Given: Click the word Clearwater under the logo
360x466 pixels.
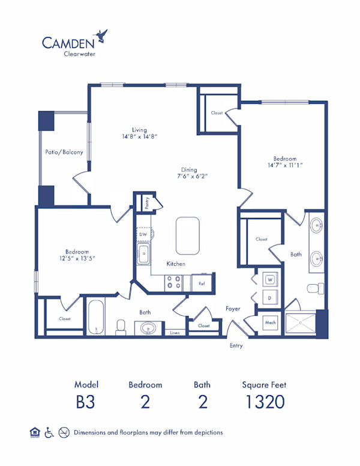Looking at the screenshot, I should click(78, 53).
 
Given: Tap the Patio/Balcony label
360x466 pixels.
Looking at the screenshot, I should click(64, 152).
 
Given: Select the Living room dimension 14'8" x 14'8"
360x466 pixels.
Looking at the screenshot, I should click(139, 136).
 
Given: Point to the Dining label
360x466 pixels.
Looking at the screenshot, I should click(192, 169).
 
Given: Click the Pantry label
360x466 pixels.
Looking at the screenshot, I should click(146, 202).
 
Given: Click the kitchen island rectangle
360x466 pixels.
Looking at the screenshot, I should click(187, 236).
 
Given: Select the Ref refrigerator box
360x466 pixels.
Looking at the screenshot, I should click(202, 283).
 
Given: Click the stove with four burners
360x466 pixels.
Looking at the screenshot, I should click(175, 282).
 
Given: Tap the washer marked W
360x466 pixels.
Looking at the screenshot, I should click(270, 280).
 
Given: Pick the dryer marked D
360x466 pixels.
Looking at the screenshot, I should click(270, 296).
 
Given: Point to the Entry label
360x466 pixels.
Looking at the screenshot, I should click(236, 346).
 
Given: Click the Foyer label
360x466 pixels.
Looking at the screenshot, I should click(233, 309).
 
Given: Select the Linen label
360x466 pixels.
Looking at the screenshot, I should click(175, 332).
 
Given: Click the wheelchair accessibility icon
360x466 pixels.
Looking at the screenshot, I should click(50, 432).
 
